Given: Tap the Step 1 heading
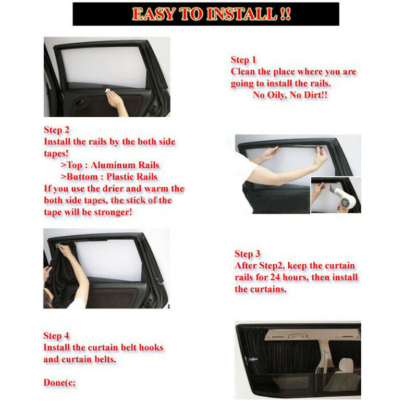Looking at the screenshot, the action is coord(243,60).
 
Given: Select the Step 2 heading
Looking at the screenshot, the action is coord(57,130).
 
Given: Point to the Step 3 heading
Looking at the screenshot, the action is coord(247,254).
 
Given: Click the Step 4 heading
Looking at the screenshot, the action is coord(56,336).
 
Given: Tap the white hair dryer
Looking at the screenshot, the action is coord(342,197).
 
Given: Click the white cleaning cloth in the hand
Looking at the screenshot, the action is coord(108,91).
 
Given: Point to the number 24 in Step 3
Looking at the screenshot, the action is coord(275,277).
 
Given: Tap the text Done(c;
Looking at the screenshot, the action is coord(59,383).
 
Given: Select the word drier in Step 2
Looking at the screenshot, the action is coord(113,189).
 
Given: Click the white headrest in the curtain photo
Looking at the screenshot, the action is coord(346,365).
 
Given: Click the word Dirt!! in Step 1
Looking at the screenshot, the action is coord(316,95).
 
